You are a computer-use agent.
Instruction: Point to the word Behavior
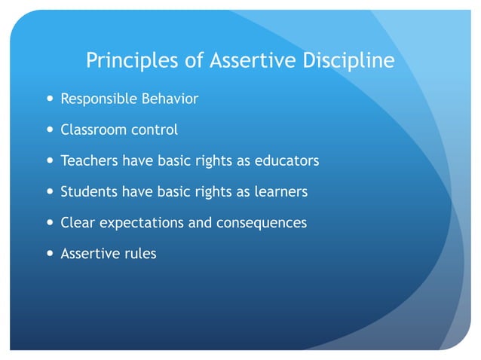pyautogui.click(x=170, y=99)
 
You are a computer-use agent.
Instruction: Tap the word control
pyautogui.click(x=155, y=130)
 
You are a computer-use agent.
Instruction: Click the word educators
pyautogui.click(x=288, y=161)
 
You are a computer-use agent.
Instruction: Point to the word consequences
pyautogui.click(x=262, y=224)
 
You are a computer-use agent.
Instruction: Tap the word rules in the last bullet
pyautogui.click(x=139, y=254)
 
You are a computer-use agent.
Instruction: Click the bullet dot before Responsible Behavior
pyautogui.click(x=49, y=99)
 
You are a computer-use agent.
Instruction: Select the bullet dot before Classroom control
pyautogui.click(x=49, y=130)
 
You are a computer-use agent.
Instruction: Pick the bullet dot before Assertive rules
pyautogui.click(x=49, y=254)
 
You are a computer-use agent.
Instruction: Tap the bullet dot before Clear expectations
pyautogui.click(x=49, y=224)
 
